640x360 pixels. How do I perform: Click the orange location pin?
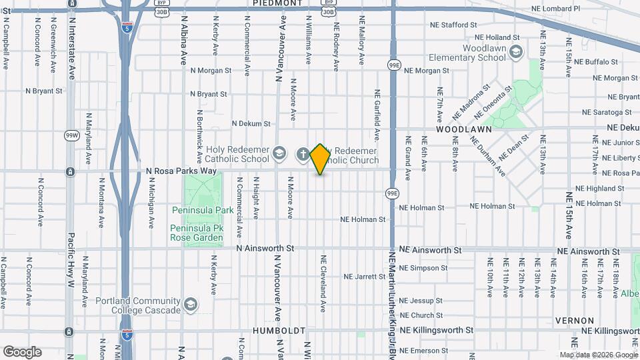pos(321,159)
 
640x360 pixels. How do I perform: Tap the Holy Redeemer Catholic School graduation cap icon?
pos(280,155)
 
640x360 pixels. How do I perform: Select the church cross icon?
pos(303,155)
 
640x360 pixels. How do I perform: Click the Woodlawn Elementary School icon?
pos(515,52)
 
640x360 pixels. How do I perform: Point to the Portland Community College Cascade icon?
pos(191,305)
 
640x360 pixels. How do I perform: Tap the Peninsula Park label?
pos(203,210)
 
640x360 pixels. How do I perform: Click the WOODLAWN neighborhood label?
pos(464,129)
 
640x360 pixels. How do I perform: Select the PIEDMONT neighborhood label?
pos(278,3)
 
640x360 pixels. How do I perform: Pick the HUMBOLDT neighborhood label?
pos(279,331)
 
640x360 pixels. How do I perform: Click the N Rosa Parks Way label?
pos(181,171)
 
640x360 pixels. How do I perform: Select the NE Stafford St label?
pos(455,25)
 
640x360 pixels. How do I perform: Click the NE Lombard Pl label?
pos(557,8)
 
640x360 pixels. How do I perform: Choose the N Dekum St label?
pos(251,123)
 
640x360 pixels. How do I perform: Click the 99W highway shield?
pos(71,135)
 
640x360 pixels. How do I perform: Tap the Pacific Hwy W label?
pos(69,260)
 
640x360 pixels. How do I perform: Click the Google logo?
pos(23,351)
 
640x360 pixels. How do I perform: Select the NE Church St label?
pos(421,315)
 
